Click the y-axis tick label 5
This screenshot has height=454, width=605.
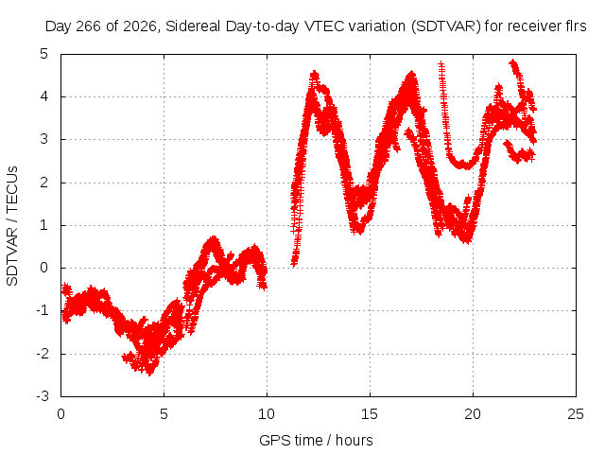44,54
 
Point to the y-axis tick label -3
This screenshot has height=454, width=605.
43,396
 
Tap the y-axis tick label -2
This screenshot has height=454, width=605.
43,353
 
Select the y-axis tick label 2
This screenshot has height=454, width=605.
44,183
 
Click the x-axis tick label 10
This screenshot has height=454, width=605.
267,414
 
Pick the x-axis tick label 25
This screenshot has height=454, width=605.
576,414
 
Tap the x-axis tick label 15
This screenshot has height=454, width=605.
370,414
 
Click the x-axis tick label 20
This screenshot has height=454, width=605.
473,414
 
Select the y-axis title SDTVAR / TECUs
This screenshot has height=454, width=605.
12,226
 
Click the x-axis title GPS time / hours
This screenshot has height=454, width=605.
316,440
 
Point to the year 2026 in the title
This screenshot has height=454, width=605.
140,26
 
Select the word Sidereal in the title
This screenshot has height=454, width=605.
193,26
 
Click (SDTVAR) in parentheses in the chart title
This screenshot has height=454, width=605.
445,26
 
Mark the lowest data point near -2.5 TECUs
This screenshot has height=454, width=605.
149,373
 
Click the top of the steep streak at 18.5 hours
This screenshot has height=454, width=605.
441,63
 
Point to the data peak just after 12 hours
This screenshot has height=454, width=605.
315,74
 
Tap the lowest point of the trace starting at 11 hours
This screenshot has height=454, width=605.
294,264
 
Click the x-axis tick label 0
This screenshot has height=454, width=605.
60,414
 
